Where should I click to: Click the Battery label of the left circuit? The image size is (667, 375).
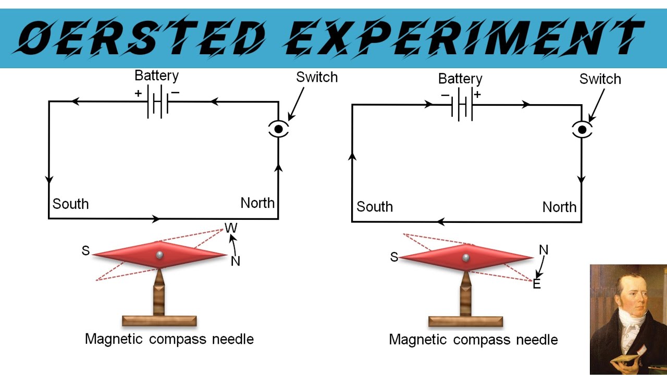[x=156, y=76]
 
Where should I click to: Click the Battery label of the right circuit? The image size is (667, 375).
[x=460, y=79]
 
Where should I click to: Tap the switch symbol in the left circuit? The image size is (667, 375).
[x=278, y=129]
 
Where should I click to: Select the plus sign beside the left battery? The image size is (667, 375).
[x=138, y=94]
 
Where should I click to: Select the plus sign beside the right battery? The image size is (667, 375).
[x=477, y=95]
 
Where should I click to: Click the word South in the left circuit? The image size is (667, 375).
[x=71, y=204]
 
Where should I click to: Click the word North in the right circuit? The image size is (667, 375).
[x=559, y=207]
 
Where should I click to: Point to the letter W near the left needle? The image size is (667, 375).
[x=230, y=228]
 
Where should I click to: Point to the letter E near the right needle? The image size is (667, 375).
[x=537, y=284]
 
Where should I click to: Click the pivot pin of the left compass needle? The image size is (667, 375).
[x=159, y=255]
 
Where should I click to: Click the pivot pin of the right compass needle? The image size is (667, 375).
[x=465, y=257]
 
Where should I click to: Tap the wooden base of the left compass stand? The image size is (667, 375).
[x=159, y=321]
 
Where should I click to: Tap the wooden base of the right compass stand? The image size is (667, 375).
[x=465, y=321]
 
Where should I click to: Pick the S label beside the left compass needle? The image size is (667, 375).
[x=85, y=251]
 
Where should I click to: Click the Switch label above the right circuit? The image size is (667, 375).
[x=600, y=79]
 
